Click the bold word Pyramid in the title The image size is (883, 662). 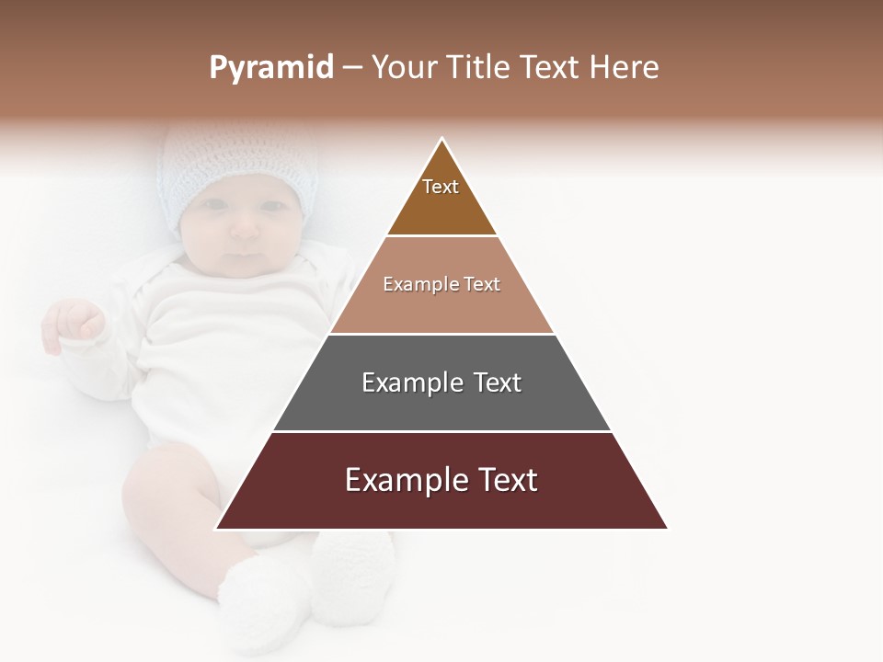tap(270, 68)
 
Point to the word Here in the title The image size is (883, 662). tap(624, 68)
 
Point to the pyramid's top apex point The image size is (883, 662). tap(442, 139)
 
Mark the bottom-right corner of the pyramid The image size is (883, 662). tap(667, 529)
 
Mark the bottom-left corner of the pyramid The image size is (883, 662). tap(216, 529)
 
